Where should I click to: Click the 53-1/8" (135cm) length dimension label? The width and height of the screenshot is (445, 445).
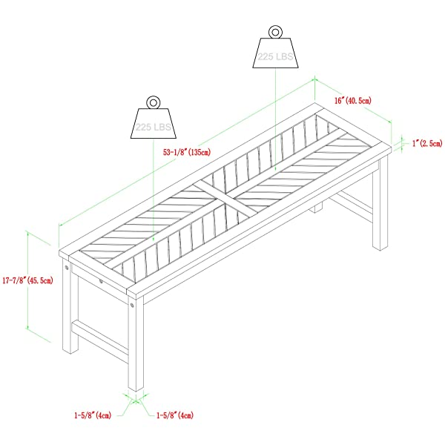click(187, 152)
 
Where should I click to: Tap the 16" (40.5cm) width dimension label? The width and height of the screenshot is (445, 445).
click(352, 100)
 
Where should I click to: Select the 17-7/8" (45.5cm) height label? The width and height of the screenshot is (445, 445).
click(28, 280)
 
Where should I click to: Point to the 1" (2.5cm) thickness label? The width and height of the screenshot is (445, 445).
click(427, 143)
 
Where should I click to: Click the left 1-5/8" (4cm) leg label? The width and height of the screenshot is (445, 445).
click(93, 415)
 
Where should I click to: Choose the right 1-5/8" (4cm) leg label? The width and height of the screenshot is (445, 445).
click(175, 415)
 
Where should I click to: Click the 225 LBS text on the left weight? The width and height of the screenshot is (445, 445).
click(154, 127)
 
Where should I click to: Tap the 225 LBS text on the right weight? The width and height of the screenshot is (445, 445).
click(275, 56)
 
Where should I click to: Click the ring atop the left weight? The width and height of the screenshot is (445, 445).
click(154, 102)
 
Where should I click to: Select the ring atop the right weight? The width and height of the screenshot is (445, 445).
click(275, 32)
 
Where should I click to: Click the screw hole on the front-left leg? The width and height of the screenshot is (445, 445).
click(67, 267)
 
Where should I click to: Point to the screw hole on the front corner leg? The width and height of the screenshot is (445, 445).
click(132, 306)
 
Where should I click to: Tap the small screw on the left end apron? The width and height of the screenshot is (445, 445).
click(101, 281)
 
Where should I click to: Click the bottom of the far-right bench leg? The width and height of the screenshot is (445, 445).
click(380, 247)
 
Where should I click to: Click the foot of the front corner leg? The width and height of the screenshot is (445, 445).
click(136, 388)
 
